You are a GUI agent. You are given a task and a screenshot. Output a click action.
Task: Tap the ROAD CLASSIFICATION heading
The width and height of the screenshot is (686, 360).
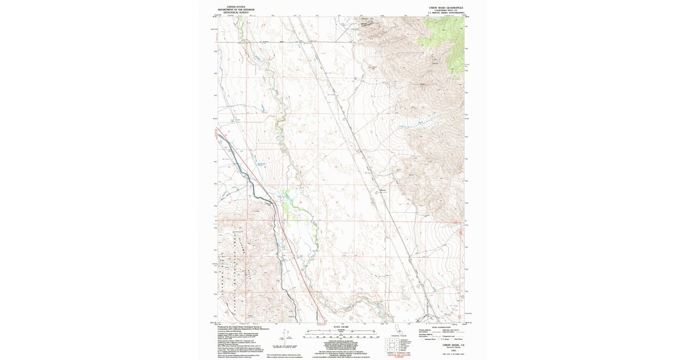449,327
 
